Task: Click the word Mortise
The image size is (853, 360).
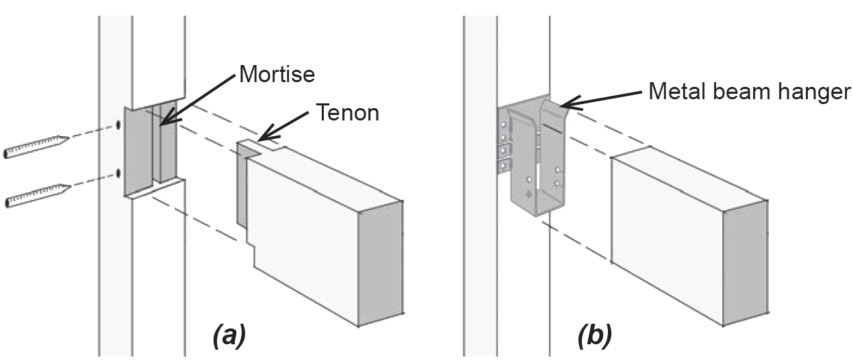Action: (277, 74)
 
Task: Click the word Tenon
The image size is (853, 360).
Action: (347, 112)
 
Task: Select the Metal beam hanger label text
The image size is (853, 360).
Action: (749, 92)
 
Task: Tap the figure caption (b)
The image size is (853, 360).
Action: (594, 336)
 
